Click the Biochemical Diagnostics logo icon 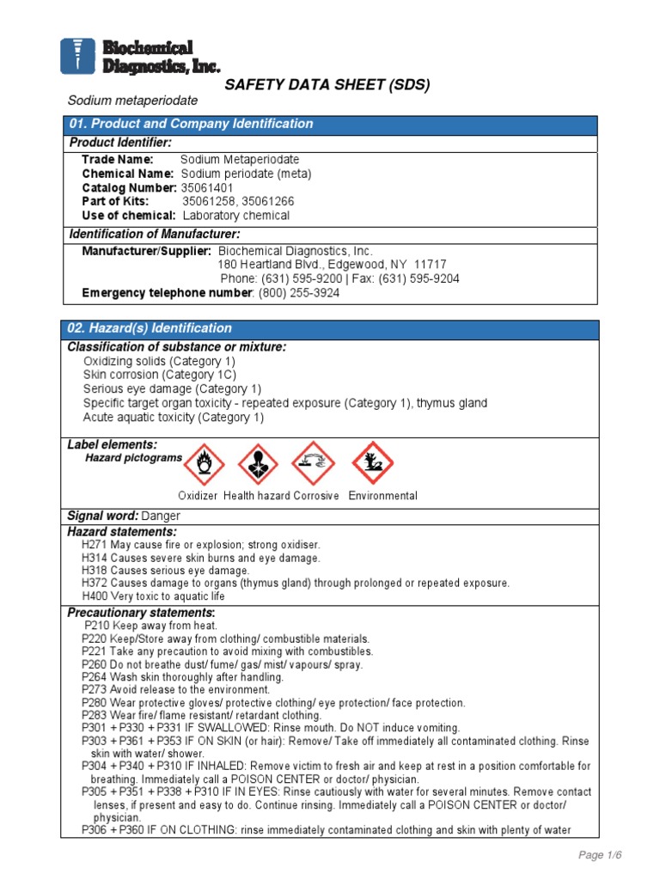pos(76,56)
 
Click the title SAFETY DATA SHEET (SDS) pos(327,84)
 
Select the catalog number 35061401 pos(207,187)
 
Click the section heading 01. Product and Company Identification pos(191,124)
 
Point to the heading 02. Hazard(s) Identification pos(150,328)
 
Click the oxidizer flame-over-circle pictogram pos(205,464)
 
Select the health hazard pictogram pos(259,464)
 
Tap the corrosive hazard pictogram pos(314,464)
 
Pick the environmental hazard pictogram pos(372,464)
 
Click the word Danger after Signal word pos(161,516)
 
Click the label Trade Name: pos(118,160)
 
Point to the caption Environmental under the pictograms pos(382,496)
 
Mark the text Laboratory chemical pos(236,216)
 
